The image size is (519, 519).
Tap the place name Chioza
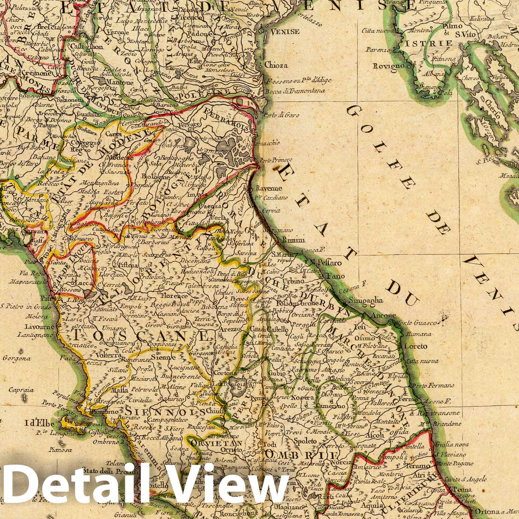pos(276,65)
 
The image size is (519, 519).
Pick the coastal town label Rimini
pos(290,240)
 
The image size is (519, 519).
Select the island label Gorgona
pos(17,358)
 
